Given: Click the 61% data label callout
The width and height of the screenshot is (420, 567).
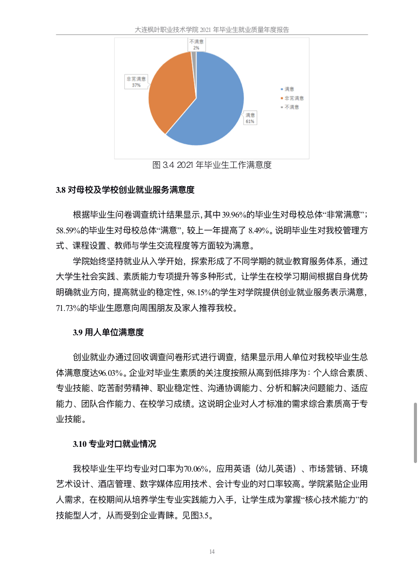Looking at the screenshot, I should [250, 118].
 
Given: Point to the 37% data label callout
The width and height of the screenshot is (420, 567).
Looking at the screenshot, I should [136, 82].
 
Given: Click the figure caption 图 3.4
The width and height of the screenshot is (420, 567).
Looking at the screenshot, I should [212, 165].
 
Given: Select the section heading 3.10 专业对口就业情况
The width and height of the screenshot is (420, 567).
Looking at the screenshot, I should [114, 444].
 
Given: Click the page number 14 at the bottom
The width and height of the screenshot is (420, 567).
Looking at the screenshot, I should [212, 551].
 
